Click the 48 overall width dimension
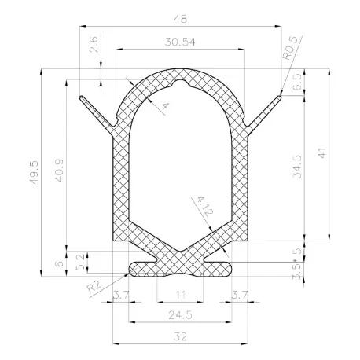[180, 19]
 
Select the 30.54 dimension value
[180, 42]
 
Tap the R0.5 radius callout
[290, 48]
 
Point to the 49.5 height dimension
[35, 172]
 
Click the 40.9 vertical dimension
[59, 171]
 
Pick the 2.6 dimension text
[94, 45]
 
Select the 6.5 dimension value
[298, 83]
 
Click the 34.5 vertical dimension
[297, 167]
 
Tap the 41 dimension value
[322, 153]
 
